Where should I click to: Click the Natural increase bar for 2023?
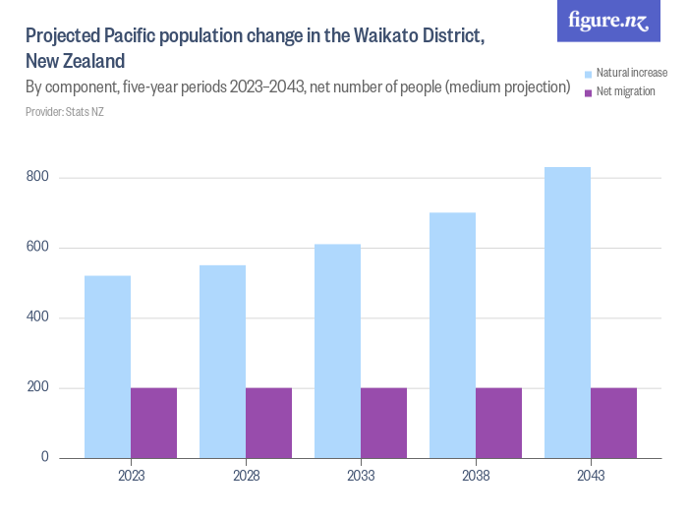[107, 367]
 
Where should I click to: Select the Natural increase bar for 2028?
[222, 362]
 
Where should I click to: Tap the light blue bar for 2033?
[337, 351]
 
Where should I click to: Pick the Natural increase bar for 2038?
[452, 335]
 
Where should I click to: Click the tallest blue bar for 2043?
[567, 313]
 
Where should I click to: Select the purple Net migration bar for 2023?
[153, 423]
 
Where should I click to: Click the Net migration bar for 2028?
[268, 423]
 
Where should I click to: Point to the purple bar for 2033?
[383, 423]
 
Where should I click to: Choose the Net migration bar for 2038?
[498, 423]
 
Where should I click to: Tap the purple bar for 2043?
[613, 423]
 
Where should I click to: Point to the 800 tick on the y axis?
[36, 177]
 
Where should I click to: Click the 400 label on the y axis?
[36, 317]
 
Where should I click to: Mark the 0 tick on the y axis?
[44, 457]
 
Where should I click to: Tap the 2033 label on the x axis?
[360, 476]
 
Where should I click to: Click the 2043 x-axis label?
[590, 476]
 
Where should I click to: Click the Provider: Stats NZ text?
[64, 111]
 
